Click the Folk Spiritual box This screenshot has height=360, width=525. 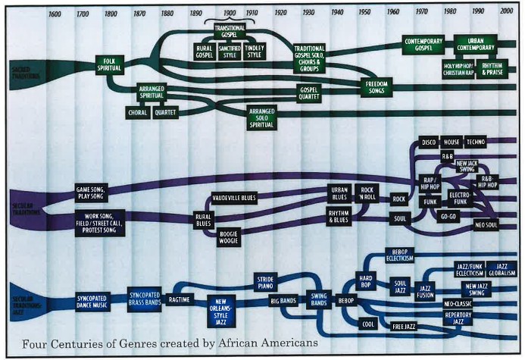[108, 64]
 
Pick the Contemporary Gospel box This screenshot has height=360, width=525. [423, 45]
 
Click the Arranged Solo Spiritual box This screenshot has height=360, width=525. [262, 117]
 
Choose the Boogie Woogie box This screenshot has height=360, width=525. [230, 237]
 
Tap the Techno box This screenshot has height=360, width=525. [476, 142]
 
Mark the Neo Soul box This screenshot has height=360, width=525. [486, 226]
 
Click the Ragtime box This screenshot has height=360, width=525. [180, 299]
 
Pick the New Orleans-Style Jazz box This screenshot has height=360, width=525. [226, 310]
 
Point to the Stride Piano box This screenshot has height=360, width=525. [270, 283]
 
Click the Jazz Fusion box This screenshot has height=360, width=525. [425, 291]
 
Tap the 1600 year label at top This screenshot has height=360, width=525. [55, 14]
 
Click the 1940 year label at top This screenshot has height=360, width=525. [336, 14]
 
